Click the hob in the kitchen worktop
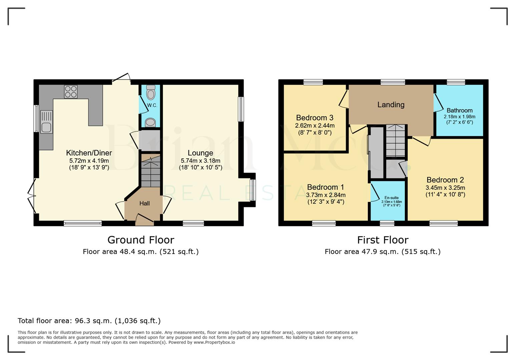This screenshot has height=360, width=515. click(71, 92)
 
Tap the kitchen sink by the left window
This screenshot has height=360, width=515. click(46, 122)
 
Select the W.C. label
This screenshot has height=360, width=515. click(152, 105)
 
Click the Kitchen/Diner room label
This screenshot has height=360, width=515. click(89, 153)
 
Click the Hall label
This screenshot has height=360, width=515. click(144, 203)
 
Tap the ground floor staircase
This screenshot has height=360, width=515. click(150, 172)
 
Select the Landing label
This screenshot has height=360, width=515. click(391, 105)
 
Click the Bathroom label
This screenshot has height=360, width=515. click(459, 110)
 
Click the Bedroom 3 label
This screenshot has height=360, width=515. click(315, 118)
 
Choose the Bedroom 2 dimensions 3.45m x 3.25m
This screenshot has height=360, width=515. click(445, 188)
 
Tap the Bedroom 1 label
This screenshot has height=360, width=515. click(326, 187)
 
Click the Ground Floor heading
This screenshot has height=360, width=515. click(141, 240)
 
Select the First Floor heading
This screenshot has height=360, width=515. click(383, 240)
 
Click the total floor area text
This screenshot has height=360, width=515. click(89, 321)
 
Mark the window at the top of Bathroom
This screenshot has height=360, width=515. click(456, 82)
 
